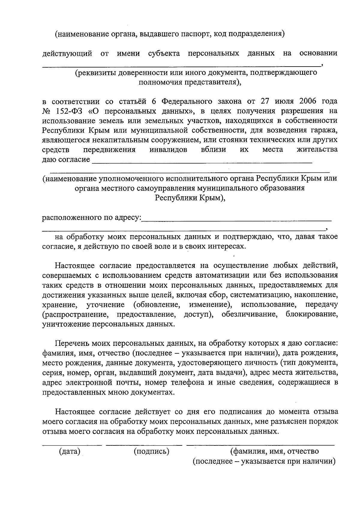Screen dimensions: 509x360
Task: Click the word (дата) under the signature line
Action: coord(70,451)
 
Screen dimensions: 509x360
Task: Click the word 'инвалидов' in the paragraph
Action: coord(168,150)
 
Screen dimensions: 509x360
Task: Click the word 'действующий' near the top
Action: coord(67,54)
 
